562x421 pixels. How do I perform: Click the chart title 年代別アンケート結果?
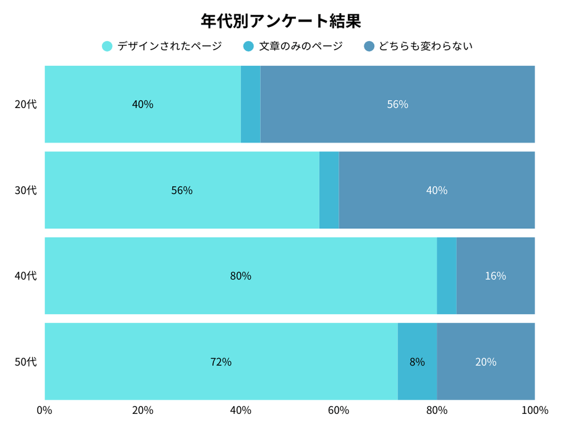(280, 21)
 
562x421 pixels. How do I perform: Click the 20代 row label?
(26, 105)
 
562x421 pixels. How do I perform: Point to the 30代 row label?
(26, 190)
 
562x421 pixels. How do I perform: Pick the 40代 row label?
(26, 276)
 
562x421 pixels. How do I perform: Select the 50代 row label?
(26, 362)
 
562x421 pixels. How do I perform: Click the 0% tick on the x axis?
(44, 410)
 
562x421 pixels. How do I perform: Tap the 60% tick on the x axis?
(338, 410)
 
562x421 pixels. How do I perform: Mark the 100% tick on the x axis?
(534, 410)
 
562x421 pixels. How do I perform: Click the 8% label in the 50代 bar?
(417, 362)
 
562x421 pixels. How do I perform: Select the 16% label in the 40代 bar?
(496, 276)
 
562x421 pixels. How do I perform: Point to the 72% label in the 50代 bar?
(221, 362)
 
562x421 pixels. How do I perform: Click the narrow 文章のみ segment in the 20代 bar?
(251, 105)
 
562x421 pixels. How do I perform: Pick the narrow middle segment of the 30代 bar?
(329, 190)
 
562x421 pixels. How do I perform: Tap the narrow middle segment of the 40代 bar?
(447, 276)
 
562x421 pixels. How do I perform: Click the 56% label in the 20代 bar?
(398, 105)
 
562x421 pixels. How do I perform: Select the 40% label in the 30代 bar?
(436, 190)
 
